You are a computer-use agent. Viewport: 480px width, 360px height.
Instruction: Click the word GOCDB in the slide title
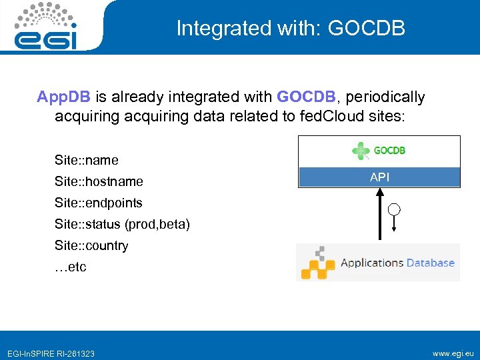tap(367, 28)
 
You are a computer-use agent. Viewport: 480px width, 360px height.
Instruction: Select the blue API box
tap(379, 177)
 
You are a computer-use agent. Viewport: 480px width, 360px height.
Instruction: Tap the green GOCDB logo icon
tap(361, 151)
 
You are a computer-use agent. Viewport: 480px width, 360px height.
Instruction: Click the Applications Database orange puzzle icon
tap(317, 263)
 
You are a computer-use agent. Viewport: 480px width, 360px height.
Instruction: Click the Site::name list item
tap(87, 160)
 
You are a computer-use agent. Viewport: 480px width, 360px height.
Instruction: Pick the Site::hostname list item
tap(99, 181)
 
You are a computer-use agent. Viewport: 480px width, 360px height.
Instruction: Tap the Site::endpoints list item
tap(99, 203)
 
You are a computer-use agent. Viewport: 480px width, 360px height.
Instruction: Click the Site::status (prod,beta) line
tap(122, 224)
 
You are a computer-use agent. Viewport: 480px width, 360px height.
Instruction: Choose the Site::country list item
tap(91, 245)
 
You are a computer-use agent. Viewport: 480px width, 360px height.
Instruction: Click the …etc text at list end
tap(71, 267)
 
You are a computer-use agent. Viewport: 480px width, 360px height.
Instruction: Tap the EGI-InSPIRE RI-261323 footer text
tap(51, 353)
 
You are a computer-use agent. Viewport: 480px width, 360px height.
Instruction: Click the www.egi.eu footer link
tap(453, 353)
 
